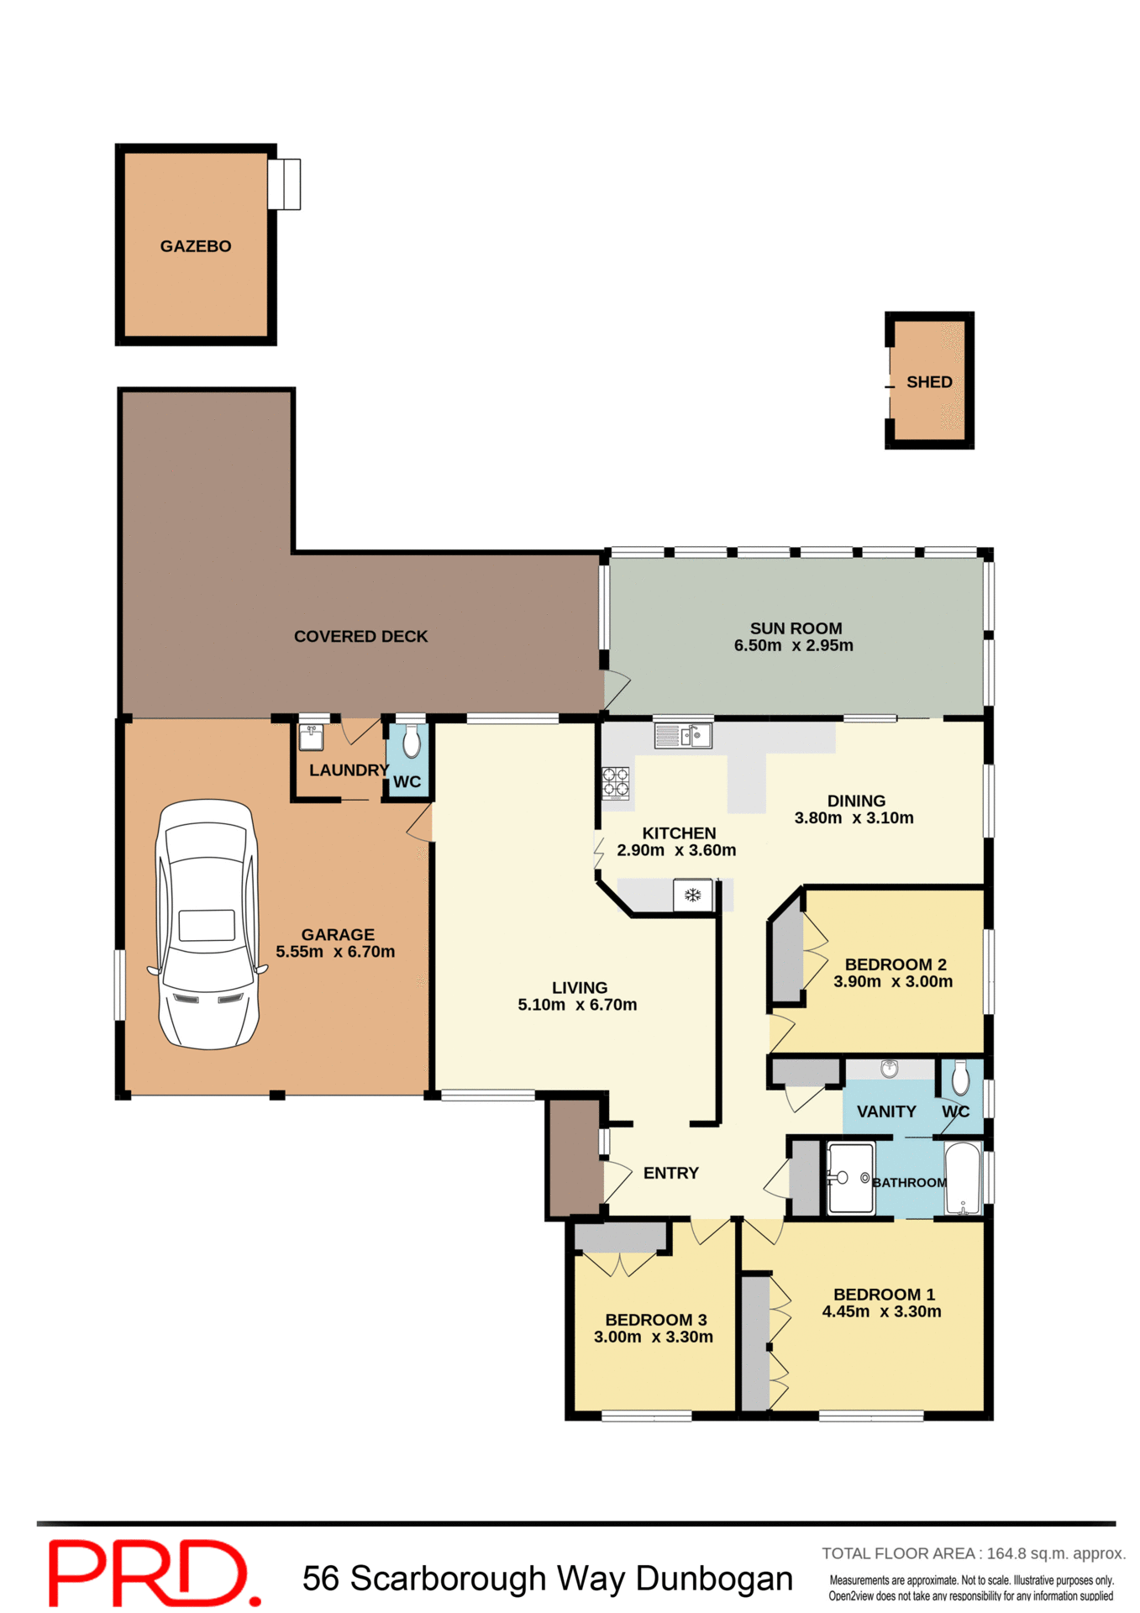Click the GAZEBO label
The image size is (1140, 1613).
(195, 246)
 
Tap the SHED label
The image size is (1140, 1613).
(928, 382)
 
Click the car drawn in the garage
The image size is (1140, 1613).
(207, 924)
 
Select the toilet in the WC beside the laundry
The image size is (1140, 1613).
(411, 742)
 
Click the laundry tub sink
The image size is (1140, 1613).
(311, 737)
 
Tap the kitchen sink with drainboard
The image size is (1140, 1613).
(683, 736)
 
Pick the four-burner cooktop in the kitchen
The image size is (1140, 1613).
(615, 781)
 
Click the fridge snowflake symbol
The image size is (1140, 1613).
(692, 896)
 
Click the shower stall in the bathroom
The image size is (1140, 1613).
(850, 1177)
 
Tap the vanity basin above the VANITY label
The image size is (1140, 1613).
(889, 1069)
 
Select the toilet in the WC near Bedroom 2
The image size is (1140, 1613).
(961, 1078)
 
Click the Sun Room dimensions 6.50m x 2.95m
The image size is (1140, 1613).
(793, 646)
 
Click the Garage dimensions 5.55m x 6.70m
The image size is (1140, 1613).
(335, 952)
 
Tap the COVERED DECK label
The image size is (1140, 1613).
(360, 637)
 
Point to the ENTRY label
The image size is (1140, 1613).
(670, 1173)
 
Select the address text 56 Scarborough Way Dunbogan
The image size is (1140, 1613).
(547, 1579)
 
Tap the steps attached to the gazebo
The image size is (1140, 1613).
(284, 184)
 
